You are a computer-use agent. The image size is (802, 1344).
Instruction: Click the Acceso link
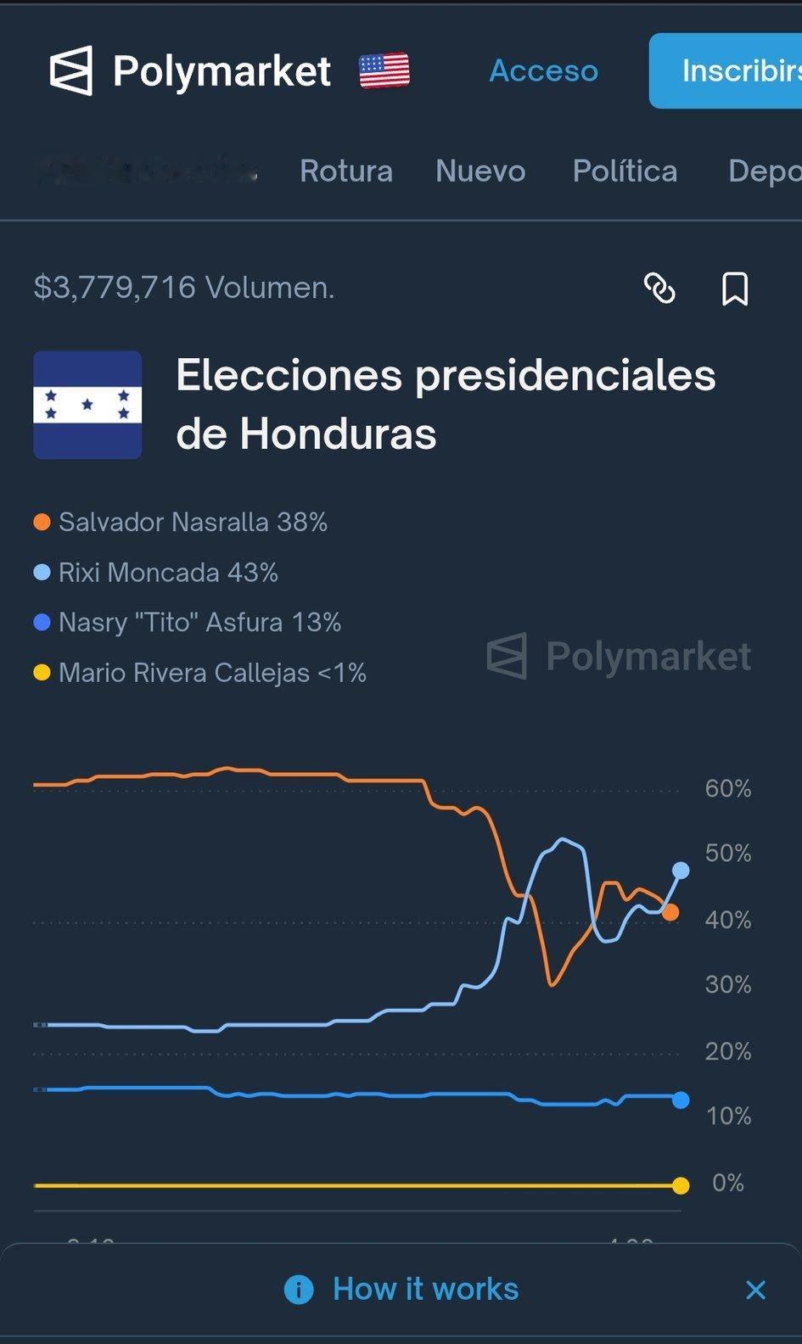(x=543, y=70)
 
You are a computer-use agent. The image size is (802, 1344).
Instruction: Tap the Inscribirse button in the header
(x=730, y=70)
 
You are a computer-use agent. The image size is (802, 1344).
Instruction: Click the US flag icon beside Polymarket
(x=384, y=70)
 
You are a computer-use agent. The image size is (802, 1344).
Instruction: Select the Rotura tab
(x=345, y=171)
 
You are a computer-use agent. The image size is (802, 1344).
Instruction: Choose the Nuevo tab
(x=480, y=171)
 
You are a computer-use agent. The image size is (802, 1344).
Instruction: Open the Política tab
(x=625, y=171)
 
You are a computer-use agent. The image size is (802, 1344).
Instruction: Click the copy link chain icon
(x=659, y=288)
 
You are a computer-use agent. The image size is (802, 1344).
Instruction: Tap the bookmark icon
(x=735, y=288)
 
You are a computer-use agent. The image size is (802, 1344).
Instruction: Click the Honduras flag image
(x=87, y=405)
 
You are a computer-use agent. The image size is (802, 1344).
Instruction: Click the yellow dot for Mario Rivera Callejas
(x=42, y=674)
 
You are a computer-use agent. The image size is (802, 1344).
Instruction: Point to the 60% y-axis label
(x=727, y=789)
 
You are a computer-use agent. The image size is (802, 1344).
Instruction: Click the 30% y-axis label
(x=727, y=985)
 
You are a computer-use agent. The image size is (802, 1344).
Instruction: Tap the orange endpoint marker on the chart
(x=670, y=913)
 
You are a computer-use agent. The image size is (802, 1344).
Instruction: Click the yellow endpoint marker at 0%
(x=680, y=1185)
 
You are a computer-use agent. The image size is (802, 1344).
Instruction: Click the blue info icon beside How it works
(x=299, y=1290)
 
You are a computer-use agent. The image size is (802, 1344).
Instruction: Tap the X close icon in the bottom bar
(x=755, y=1291)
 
